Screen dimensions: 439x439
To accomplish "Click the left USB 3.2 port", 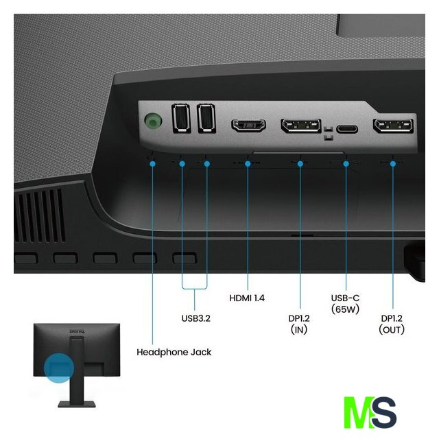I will tap(182, 118).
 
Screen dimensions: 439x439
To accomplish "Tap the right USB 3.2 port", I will tap(206, 118).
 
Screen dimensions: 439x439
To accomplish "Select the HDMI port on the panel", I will tap(249, 126).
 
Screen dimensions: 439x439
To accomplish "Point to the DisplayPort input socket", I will tap(300, 126).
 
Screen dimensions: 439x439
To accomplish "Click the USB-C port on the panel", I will tap(348, 128).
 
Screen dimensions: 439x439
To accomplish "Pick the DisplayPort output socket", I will tap(393, 126).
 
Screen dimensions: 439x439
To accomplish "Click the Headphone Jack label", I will tap(174, 352).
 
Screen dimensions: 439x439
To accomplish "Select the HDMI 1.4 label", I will tap(247, 298).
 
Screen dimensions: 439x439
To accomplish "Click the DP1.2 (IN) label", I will tap(300, 323).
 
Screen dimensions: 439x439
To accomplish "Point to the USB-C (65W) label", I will tap(346, 304).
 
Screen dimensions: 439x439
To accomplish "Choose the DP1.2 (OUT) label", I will tap(392, 323).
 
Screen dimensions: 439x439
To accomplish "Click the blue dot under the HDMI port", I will tap(248, 163).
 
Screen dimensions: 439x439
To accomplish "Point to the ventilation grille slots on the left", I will tap(39, 213).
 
